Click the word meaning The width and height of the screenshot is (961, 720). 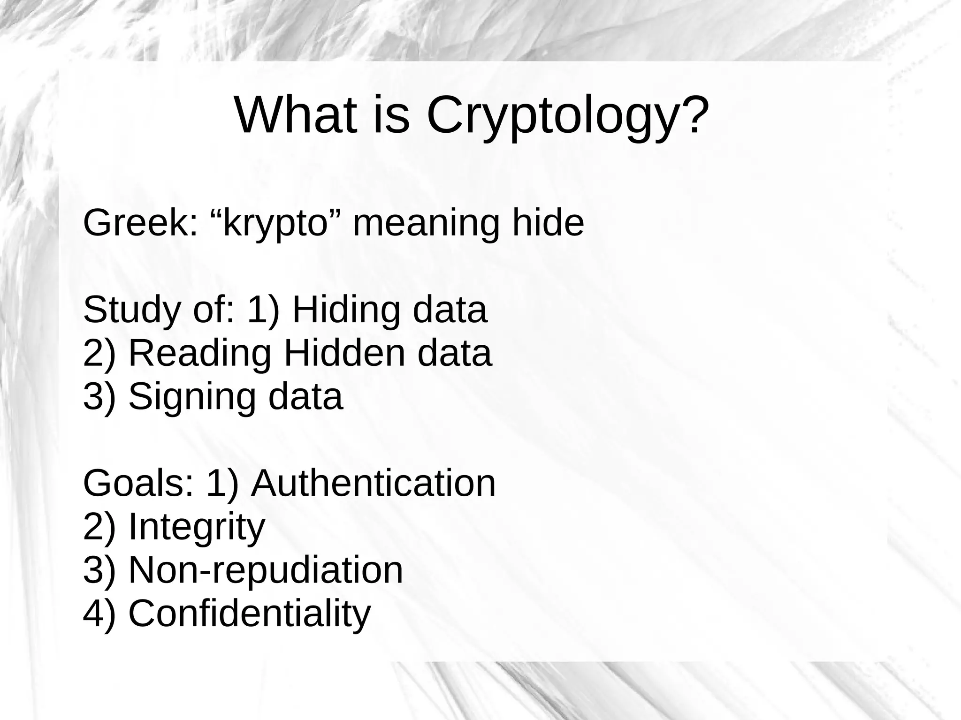tap(426, 224)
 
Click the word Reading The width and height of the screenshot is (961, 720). tap(200, 354)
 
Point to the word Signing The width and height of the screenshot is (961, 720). tap(192, 398)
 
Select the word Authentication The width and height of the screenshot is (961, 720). tap(373, 484)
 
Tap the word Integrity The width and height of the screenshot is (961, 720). tap(197, 528)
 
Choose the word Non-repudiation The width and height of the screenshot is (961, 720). tap(266, 570)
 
